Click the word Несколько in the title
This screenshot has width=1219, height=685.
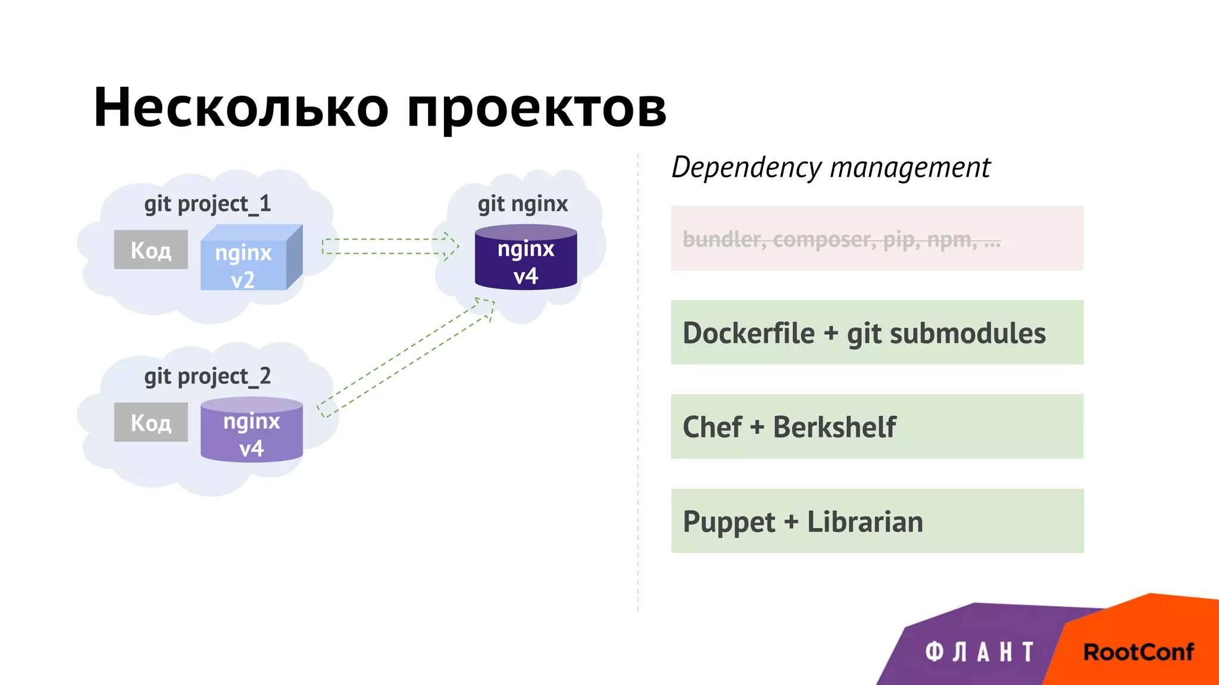tap(241, 108)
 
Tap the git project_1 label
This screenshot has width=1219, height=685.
tap(207, 204)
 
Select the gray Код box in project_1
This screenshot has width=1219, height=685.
tap(151, 250)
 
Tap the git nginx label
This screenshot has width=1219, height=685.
tap(523, 204)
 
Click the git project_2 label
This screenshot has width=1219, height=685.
tap(207, 376)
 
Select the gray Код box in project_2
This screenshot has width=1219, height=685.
tap(151, 422)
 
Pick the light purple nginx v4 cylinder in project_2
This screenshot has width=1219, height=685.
tap(251, 431)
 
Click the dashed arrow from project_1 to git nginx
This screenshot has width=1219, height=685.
tap(390, 246)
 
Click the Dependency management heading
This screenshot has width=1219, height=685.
tap(831, 168)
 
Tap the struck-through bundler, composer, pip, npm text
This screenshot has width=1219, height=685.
tap(841, 240)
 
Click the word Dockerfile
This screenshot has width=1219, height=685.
tap(748, 333)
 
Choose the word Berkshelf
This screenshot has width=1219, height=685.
tap(834, 427)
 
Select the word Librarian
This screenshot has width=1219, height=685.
tap(865, 522)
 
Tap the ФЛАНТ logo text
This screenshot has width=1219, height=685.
tap(979, 652)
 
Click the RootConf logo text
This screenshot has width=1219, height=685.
tap(1138, 652)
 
